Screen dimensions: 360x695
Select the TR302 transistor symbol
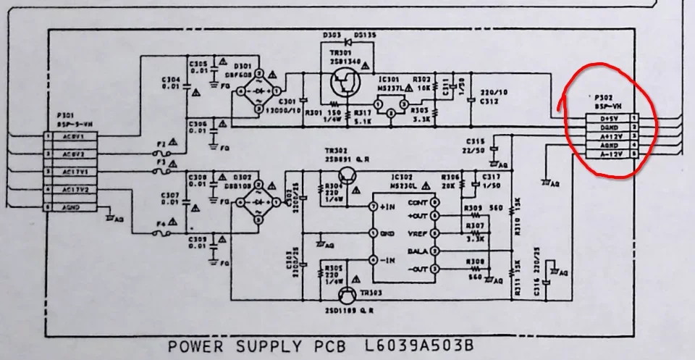pos(347,175)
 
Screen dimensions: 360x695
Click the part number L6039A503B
pos(417,346)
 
